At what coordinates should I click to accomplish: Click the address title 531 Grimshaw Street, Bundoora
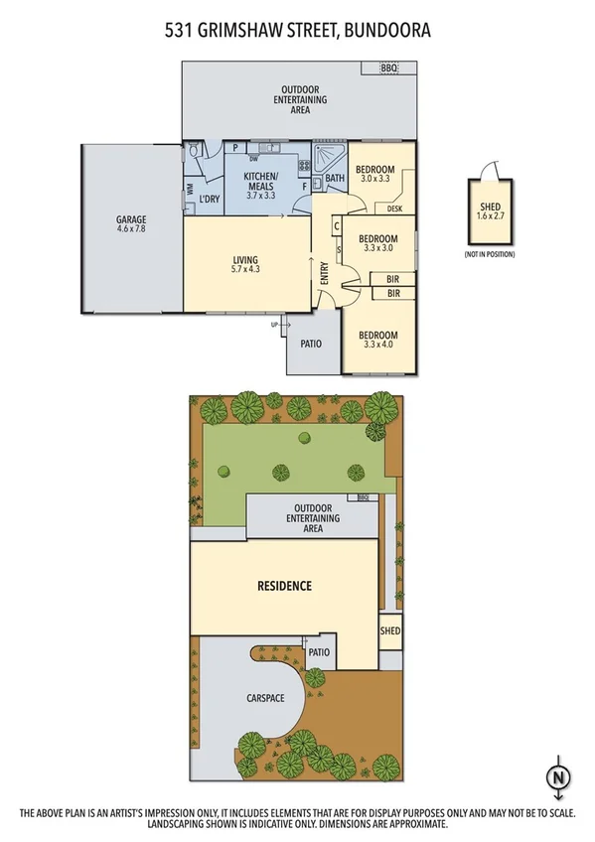click(297, 31)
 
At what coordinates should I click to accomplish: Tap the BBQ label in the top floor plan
click(388, 69)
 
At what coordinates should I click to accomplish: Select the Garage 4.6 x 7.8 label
click(131, 224)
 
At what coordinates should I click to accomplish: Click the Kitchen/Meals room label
click(263, 186)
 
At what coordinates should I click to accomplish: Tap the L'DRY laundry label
click(209, 200)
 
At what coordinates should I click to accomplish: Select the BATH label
click(335, 180)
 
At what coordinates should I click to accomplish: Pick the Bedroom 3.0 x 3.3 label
click(377, 173)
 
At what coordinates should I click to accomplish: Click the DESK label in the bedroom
click(394, 210)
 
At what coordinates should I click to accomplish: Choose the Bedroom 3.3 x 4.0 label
click(377, 341)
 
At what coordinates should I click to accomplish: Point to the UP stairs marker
click(274, 324)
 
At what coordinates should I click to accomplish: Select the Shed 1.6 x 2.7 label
click(490, 210)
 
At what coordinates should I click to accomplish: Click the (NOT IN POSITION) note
click(490, 255)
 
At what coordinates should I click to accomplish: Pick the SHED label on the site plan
click(390, 631)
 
